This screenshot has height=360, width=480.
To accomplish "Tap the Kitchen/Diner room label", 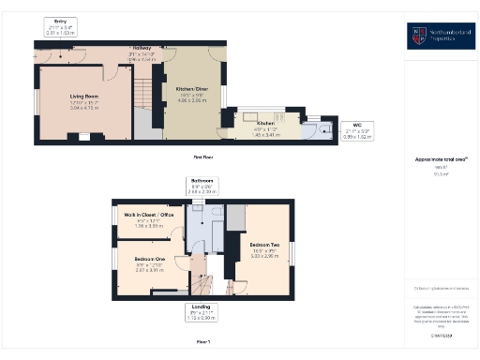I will pos(191,89).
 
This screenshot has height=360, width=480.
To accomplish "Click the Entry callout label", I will pos(61,20).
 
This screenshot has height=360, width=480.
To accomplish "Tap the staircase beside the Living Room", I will pos(142,94).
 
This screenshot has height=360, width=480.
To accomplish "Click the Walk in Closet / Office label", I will pos(149,215).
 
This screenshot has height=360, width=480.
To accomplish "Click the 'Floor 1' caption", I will pos(202,342).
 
